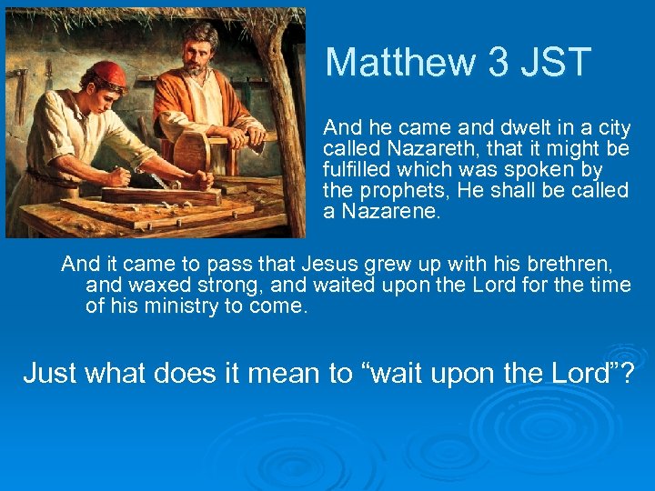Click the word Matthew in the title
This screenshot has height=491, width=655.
pos(401,63)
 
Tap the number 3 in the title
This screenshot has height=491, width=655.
pos(498,63)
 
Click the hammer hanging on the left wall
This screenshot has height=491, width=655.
pos(20,91)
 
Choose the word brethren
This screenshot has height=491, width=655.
pos(570,265)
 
